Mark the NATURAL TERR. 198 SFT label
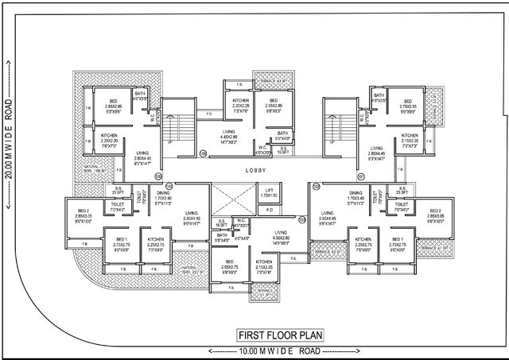pos(93,168)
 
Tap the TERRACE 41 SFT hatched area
pos(433,249)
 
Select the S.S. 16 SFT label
pos(223,223)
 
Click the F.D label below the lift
pos(269,210)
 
